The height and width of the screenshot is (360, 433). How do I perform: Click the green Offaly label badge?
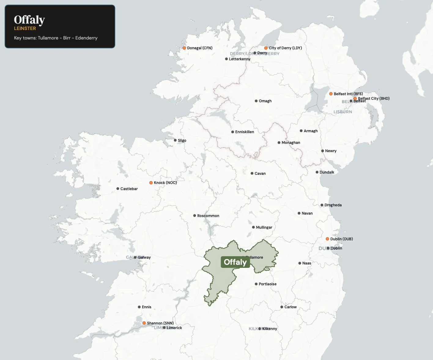pyautogui.click(x=235, y=262)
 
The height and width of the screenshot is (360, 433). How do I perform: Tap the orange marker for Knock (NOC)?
pyautogui.click(x=151, y=183)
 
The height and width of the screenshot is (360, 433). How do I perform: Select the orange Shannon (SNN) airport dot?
pyautogui.click(x=144, y=323)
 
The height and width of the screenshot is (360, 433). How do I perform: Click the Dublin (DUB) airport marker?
pyautogui.click(x=327, y=239)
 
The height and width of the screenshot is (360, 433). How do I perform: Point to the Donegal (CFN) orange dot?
pyautogui.click(x=184, y=48)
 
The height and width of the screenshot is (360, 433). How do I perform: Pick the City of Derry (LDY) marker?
pyautogui.click(x=266, y=48)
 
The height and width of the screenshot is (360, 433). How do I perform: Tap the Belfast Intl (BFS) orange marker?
pyautogui.click(x=331, y=94)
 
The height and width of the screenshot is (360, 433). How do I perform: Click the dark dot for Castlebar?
pyautogui.click(x=118, y=189)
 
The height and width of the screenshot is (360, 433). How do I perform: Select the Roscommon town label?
pyautogui.click(x=208, y=216)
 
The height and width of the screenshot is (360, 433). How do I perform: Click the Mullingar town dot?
pyautogui.click(x=253, y=227)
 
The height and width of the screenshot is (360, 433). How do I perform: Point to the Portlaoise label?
pyautogui.click(x=267, y=284)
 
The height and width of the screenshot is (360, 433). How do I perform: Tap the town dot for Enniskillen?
pyautogui.click(x=232, y=132)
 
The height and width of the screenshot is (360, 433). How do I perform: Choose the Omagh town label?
pyautogui.click(x=265, y=101)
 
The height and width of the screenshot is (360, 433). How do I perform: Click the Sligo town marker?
pyautogui.click(x=175, y=140)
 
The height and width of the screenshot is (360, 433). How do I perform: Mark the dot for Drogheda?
pyautogui.click(x=322, y=205)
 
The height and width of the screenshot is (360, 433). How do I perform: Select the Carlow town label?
pyautogui.click(x=290, y=307)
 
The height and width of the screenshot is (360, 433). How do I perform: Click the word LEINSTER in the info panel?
pyautogui.click(x=25, y=28)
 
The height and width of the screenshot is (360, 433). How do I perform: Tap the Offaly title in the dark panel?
pyautogui.click(x=29, y=20)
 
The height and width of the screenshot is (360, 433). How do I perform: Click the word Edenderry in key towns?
pyautogui.click(x=86, y=38)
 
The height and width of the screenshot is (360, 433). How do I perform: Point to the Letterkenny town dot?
pyautogui.click(x=226, y=59)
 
